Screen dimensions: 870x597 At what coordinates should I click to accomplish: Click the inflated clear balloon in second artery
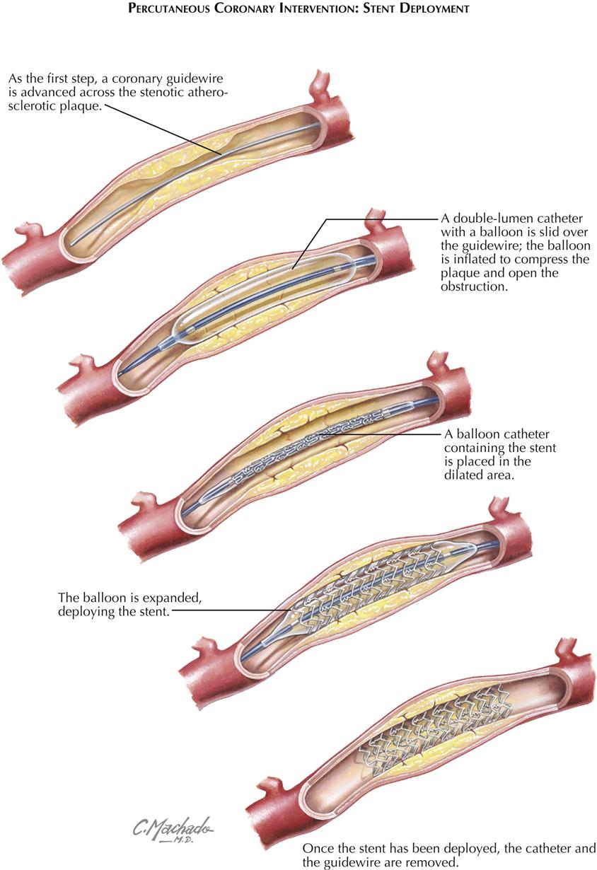(262, 297)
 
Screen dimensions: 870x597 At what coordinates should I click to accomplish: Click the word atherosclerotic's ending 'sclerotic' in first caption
(32, 109)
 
